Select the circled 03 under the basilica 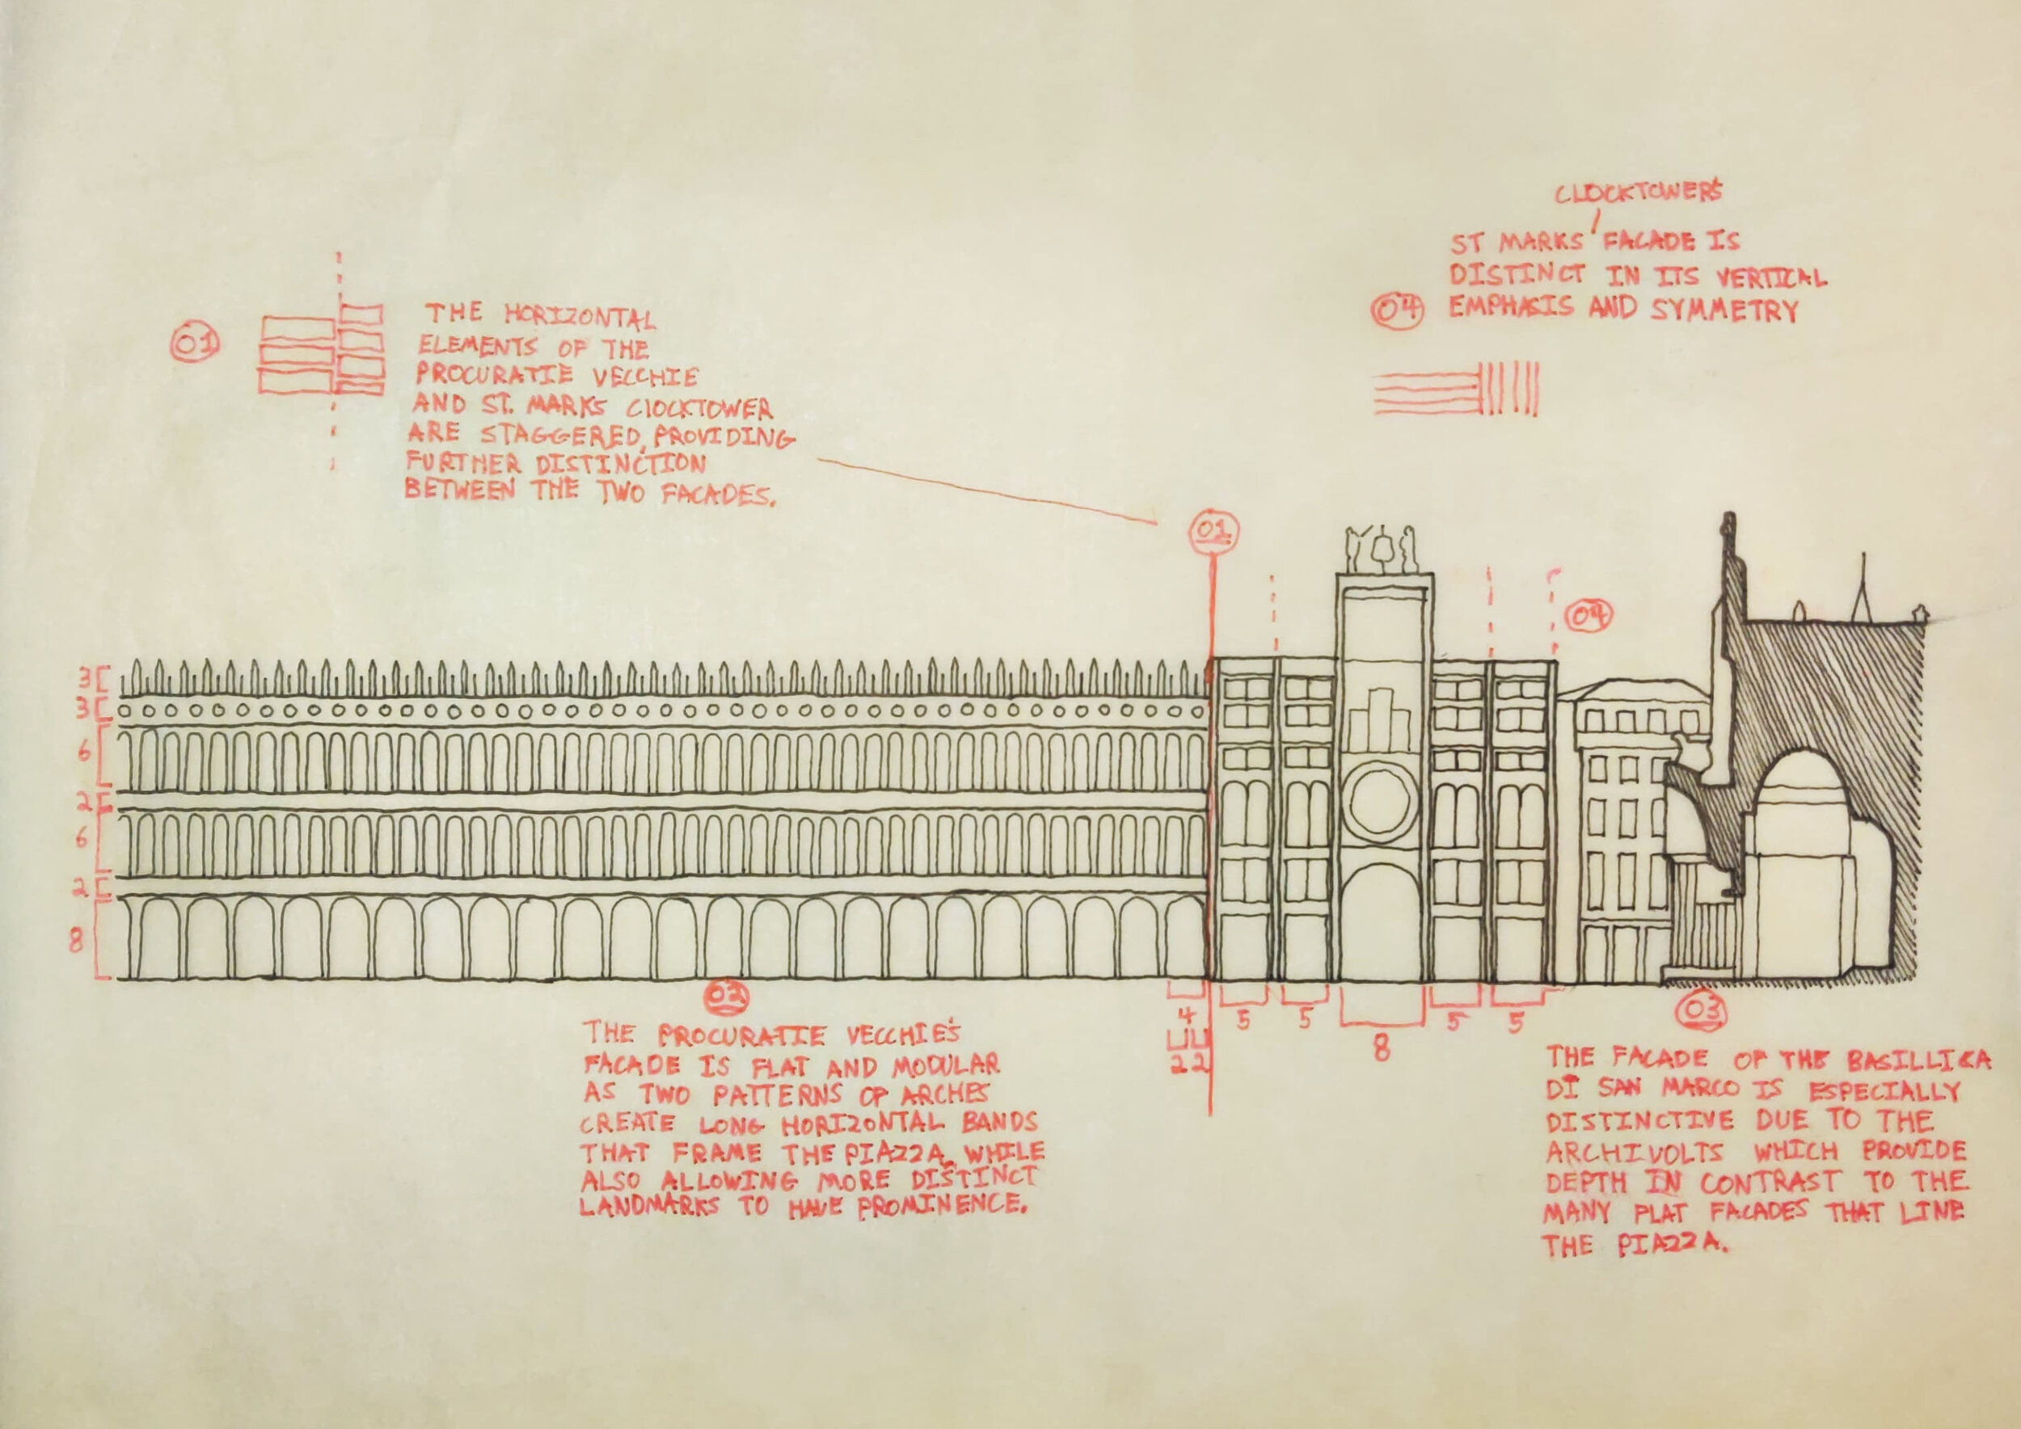click(x=1703, y=1012)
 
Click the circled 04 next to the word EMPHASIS click(x=1398, y=310)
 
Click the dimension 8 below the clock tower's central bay click(x=1382, y=1048)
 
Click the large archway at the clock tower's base click(x=1381, y=924)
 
